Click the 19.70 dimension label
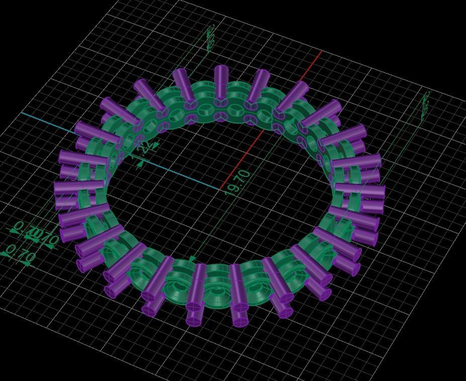point(238,182)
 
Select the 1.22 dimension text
point(144,148)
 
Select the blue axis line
point(121,151)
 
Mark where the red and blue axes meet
point(221,189)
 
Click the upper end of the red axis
point(321,51)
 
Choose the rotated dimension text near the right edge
point(425,103)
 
